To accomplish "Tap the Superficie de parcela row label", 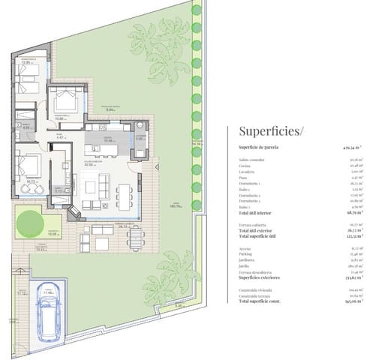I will click(x=259, y=148).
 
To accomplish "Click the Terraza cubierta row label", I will click(x=253, y=225).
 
